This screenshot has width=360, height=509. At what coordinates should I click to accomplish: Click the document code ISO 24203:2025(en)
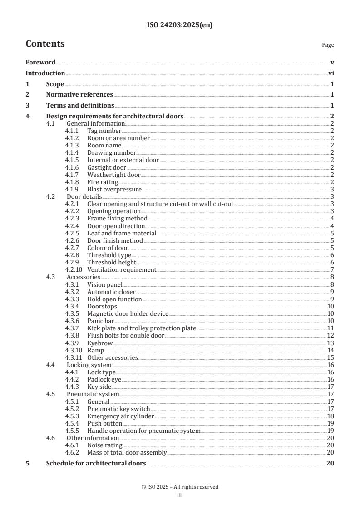180,25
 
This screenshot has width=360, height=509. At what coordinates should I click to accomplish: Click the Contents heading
45,44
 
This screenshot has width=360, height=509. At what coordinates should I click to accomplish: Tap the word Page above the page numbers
328,45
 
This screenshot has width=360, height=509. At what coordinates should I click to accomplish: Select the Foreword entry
40,62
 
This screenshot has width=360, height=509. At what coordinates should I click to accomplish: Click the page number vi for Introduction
331,73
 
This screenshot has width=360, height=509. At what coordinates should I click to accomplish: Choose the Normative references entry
79,95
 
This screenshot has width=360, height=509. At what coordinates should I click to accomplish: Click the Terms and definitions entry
80,106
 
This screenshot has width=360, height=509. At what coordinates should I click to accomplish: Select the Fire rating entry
103,182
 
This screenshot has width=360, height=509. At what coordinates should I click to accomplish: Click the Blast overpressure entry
114,189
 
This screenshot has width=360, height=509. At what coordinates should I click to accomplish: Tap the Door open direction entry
116,226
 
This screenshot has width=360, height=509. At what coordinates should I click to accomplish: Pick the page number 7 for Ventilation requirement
332,269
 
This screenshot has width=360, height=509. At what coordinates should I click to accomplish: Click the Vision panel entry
105,284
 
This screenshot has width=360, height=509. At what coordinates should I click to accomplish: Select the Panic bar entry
101,321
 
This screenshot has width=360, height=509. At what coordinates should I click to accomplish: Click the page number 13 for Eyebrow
330,343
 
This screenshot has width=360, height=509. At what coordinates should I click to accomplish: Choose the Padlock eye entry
104,379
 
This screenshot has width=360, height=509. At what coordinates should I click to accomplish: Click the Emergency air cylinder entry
120,416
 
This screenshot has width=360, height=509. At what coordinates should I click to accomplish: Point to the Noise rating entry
104,445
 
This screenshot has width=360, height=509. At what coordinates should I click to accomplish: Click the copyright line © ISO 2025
180,487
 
